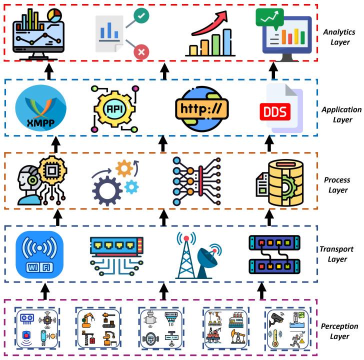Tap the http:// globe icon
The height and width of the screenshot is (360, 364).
pos(201,108)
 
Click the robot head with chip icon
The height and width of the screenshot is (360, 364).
pos(41,181)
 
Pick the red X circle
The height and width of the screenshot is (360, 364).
pos(141,51)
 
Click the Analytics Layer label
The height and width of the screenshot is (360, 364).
pos(338,36)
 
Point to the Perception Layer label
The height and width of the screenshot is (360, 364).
pos(338,331)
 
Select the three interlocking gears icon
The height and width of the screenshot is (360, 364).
pos(114,184)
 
